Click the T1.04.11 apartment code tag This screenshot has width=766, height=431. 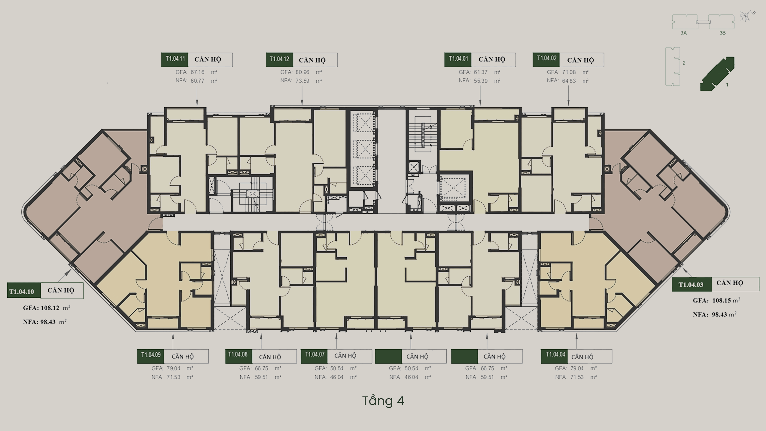pyautogui.click(x=175, y=60)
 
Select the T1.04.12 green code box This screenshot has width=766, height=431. pyautogui.click(x=279, y=60)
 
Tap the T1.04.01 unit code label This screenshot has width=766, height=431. pyautogui.click(x=458, y=60)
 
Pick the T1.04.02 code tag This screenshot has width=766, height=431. pyautogui.click(x=546, y=60)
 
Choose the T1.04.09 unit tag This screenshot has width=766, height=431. pyautogui.click(x=151, y=356)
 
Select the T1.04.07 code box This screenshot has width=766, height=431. pyautogui.click(x=314, y=356)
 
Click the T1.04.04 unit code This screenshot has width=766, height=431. pyautogui.click(x=555, y=356)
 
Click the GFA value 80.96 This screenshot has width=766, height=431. pyautogui.click(x=302, y=72)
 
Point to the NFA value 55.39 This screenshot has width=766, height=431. pyautogui.click(x=481, y=81)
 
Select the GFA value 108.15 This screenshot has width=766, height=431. pyautogui.click(x=722, y=300)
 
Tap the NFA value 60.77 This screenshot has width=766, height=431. pyautogui.click(x=198, y=81)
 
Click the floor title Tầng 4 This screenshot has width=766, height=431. pyautogui.click(x=383, y=401)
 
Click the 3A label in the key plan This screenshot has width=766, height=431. pyautogui.click(x=684, y=33)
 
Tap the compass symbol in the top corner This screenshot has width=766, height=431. pyautogui.click(x=746, y=16)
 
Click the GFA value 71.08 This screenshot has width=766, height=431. pyautogui.click(x=569, y=72)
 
